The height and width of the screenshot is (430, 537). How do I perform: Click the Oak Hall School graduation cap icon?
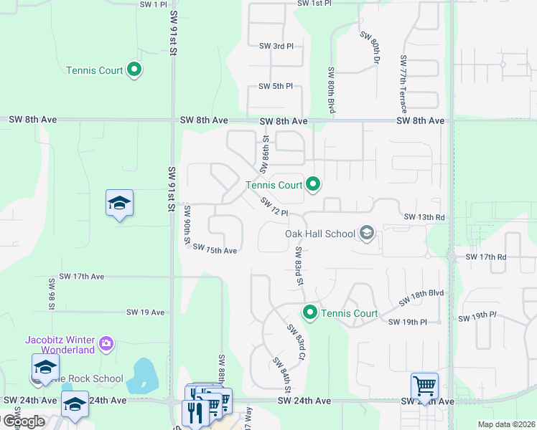(x=367, y=233)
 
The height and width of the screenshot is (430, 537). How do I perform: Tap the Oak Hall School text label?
(x=320, y=234)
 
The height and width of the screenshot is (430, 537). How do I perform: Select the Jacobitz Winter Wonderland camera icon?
(x=106, y=344)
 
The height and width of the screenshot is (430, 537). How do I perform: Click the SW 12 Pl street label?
(x=274, y=208)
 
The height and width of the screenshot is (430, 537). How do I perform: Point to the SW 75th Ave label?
(x=215, y=251)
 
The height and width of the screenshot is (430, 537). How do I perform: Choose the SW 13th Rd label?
(x=424, y=217)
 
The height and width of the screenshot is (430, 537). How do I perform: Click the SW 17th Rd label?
(x=486, y=257)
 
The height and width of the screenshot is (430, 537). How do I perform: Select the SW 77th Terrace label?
(x=403, y=84)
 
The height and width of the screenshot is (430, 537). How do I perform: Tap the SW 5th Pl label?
(x=276, y=87)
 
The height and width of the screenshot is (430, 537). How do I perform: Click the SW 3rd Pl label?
(x=276, y=46)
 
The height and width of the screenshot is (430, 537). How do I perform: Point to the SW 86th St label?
(x=264, y=150)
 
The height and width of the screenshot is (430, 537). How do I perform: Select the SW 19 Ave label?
(x=146, y=312)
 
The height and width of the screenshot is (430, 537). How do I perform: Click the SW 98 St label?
(x=52, y=294)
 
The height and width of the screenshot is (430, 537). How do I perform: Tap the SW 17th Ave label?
(x=82, y=276)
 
